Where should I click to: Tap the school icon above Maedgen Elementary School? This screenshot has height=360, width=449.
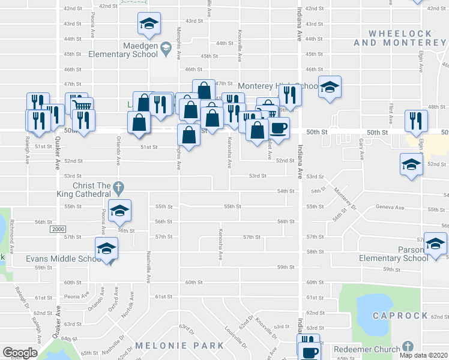[x=149, y=25]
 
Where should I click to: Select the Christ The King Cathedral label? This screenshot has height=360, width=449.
[x=92, y=190]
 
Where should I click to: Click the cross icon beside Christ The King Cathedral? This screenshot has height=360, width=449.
[x=118, y=187]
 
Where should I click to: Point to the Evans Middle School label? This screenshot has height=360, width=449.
[x=63, y=259]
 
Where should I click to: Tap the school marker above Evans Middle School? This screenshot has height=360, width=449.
[x=106, y=249]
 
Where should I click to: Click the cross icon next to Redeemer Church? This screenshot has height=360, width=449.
[x=408, y=347]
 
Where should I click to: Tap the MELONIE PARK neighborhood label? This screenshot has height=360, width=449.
[x=179, y=346]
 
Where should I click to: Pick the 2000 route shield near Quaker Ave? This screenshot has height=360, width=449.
[x=58, y=229]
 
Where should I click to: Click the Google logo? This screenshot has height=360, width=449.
[x=20, y=353]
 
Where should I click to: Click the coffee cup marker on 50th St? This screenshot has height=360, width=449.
[x=279, y=128]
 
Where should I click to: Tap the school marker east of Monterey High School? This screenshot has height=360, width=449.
[x=330, y=88]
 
